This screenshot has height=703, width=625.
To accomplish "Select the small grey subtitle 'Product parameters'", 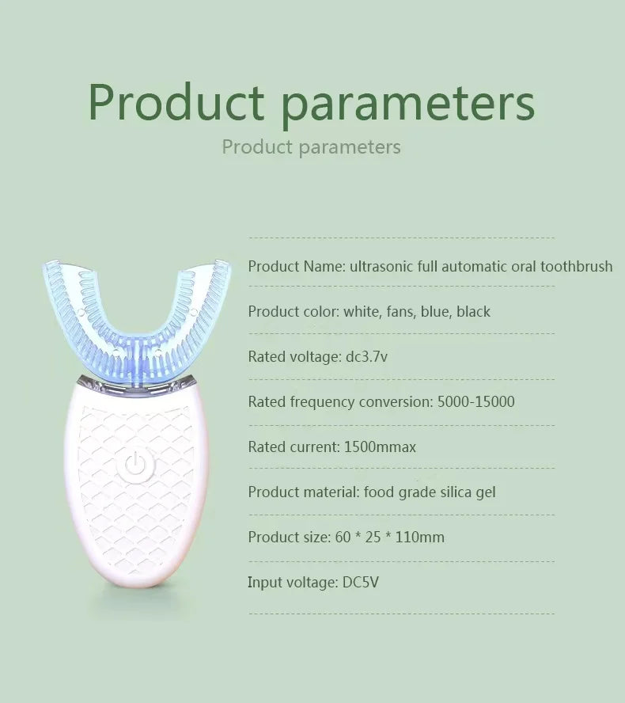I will point(311,147).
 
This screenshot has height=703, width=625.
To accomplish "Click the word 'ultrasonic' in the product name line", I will point(383,266).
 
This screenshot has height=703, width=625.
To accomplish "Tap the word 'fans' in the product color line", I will point(400,311).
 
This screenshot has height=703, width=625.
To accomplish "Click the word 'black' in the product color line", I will point(473,311).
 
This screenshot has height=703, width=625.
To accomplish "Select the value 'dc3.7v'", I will point(366,356).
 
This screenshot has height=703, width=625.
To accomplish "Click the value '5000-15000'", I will point(475,401).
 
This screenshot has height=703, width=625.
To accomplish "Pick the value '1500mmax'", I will point(380,446).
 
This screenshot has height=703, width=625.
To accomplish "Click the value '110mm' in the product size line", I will point(419,537).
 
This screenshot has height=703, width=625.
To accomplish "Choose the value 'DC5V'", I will point(362,582).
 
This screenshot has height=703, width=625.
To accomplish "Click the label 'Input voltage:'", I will point(293,582).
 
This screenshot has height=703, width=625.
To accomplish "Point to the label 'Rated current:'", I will point(294,446).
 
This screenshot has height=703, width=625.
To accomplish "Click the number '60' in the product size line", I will point(343,537).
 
